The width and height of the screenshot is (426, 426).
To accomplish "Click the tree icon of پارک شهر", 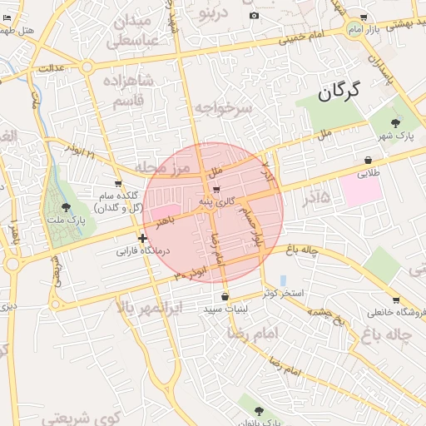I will tap(395, 121).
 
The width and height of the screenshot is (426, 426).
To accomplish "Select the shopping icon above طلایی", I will tap(368, 161).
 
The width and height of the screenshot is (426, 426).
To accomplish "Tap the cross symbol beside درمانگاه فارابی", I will tap(142, 238).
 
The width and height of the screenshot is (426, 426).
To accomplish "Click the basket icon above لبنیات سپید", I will tap(225, 296).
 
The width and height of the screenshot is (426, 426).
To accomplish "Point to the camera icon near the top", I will tap(254, 16).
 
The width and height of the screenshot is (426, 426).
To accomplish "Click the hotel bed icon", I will tap(7, 18).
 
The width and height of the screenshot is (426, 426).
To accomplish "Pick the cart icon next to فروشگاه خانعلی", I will tap(395, 300).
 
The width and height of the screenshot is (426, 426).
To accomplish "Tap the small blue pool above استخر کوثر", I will tap(283, 280).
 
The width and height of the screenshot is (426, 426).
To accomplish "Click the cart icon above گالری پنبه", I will tap(216, 189).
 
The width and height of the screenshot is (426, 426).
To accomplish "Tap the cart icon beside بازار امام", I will tap(364, 17).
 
